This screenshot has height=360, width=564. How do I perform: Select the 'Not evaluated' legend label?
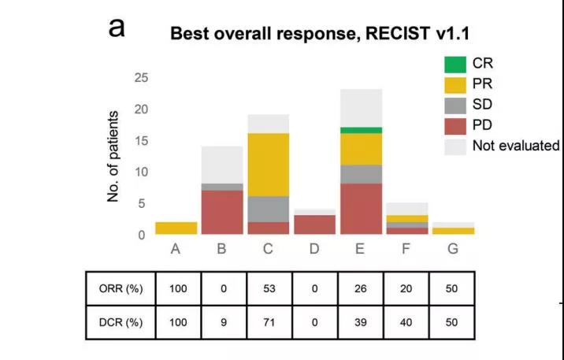point(515,146)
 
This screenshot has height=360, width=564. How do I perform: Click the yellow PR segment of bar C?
point(269,164)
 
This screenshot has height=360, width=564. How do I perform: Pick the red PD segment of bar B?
point(223,212)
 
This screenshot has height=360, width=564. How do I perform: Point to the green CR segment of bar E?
point(360,130)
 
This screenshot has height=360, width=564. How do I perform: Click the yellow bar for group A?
point(176,228)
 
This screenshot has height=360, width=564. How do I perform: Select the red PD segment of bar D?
point(314,225)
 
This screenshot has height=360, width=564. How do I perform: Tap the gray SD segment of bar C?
point(269,209)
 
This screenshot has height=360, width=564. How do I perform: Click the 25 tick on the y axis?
point(140,78)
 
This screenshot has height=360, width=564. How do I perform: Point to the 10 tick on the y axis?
point(140,172)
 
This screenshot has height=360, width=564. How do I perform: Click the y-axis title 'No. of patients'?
point(113,157)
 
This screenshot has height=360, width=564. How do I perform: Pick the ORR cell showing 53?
point(269,288)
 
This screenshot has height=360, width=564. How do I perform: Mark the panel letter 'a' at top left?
point(117,27)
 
